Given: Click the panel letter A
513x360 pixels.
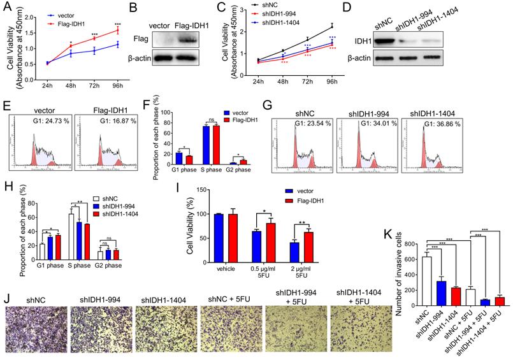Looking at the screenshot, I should point(8,8).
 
